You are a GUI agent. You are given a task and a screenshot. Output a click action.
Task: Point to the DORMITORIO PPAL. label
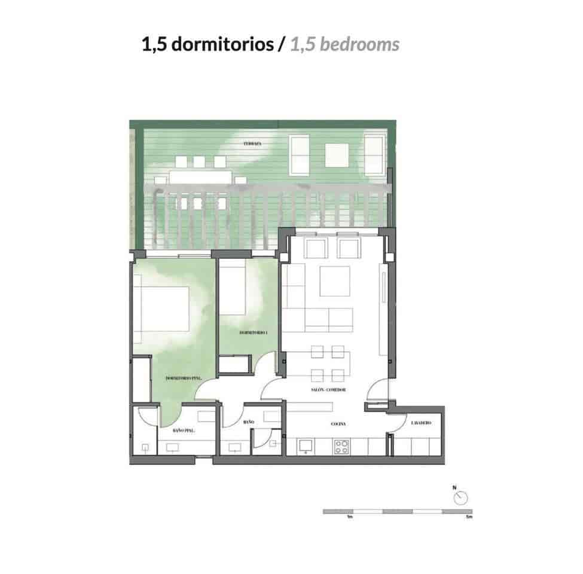[x=182, y=379]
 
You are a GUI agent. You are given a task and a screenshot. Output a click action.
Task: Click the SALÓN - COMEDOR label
[x=328, y=390]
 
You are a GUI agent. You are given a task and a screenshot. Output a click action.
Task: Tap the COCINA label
[x=339, y=423]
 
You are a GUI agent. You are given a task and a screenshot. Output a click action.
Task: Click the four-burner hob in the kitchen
[x=341, y=446]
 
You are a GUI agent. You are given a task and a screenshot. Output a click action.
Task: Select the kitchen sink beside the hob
[x=306, y=446]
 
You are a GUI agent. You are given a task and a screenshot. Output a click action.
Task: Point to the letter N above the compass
[x=454, y=487]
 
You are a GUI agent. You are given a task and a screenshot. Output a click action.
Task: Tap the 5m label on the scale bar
[x=469, y=517]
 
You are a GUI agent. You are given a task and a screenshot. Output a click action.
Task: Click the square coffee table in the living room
[x=334, y=282]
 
